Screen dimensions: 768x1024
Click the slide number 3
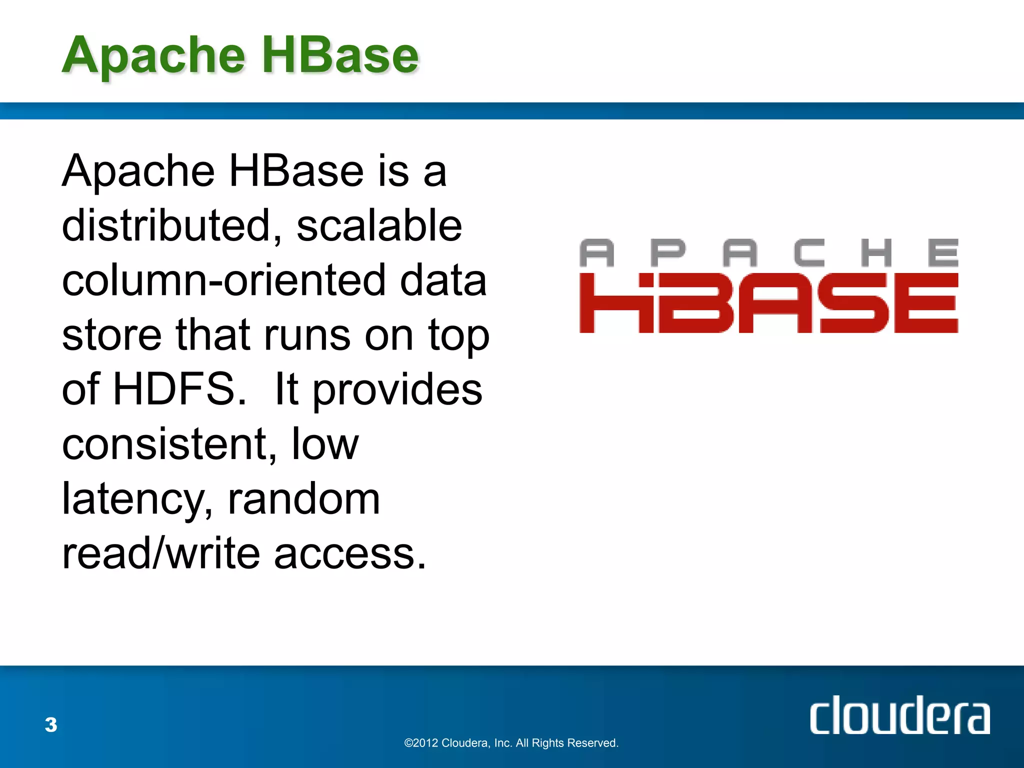[51, 724]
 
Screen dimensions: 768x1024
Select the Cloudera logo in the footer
[899, 715]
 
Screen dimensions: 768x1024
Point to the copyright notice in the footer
[511, 743]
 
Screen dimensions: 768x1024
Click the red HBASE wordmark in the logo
[768, 303]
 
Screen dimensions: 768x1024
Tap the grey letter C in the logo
[808, 252]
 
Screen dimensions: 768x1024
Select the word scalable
[379, 226]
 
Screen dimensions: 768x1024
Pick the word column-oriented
[223, 280]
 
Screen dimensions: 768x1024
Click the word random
[303, 499]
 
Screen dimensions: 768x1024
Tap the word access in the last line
[350, 554]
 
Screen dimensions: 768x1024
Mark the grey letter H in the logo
[876, 252]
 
